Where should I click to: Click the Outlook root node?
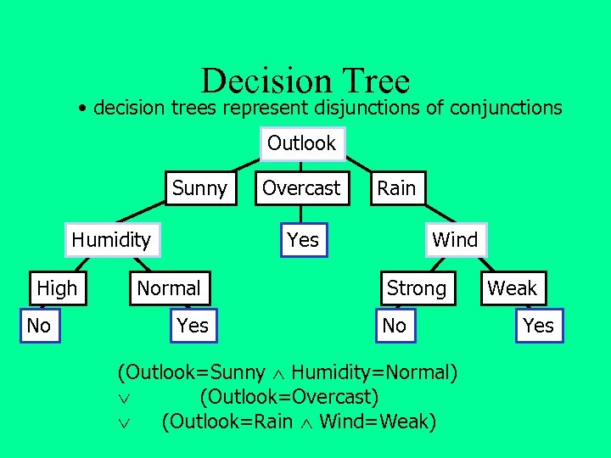[301, 143]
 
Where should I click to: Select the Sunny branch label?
[199, 188]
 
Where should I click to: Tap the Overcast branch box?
[301, 188]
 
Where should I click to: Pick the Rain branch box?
[396, 188]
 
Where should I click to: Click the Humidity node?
[110, 240]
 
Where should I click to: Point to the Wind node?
[455, 240]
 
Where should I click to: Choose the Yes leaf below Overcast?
[303, 241]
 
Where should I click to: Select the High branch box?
[57, 288]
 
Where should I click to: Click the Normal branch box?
[168, 288]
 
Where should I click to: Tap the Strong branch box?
[416, 288]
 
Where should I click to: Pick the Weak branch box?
[512, 288]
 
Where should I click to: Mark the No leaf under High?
[39, 325]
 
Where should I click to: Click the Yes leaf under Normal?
[193, 325]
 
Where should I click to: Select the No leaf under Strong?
[395, 325]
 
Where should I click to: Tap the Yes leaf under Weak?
[538, 325]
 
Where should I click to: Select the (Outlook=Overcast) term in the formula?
[289, 396]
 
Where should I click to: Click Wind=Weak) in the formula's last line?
[378, 421]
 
